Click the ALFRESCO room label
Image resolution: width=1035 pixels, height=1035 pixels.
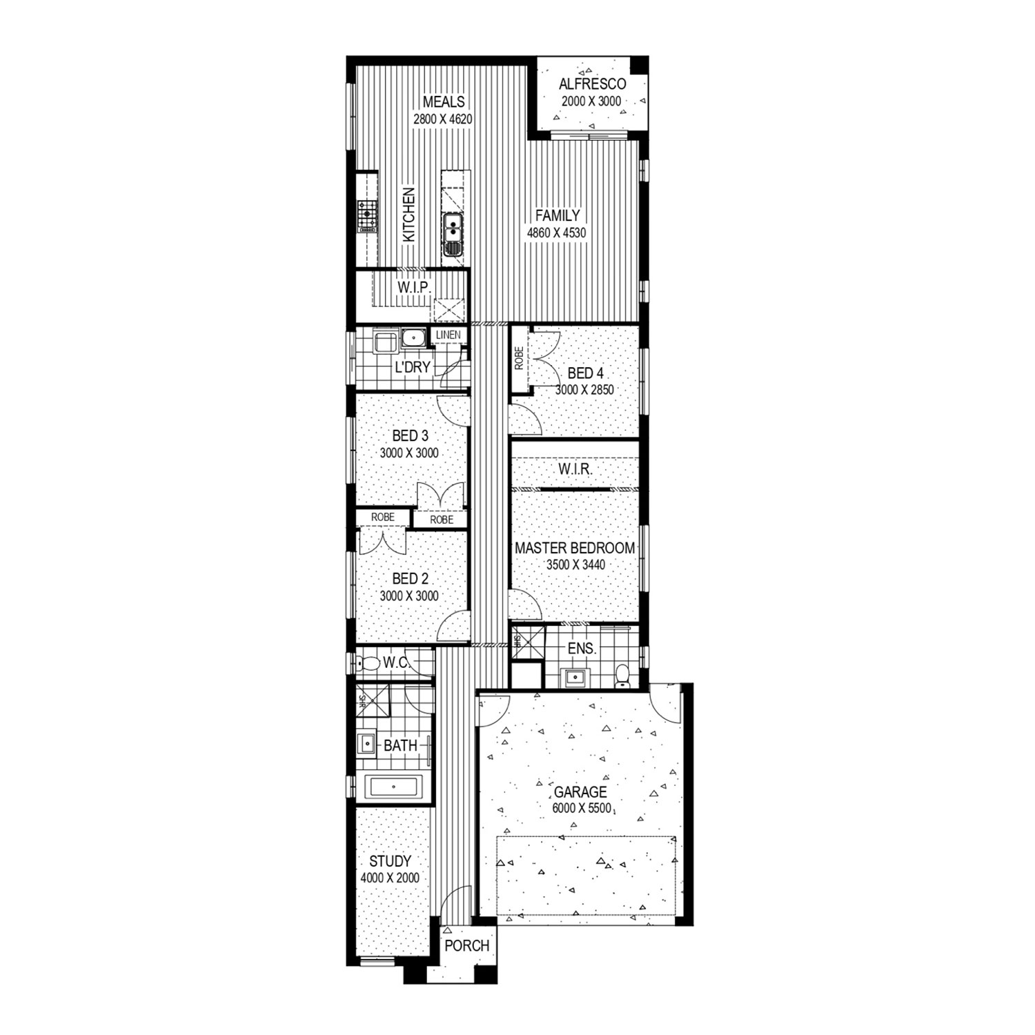pos(592,84)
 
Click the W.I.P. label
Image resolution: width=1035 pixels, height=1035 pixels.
pos(414,286)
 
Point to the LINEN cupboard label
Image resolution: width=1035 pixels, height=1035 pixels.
pos(448,335)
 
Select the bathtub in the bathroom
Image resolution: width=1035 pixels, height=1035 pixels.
pos(393,787)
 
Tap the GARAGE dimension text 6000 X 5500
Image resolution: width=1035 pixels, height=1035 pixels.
pos(582,808)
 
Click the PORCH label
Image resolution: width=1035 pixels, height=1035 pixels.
pos(467,946)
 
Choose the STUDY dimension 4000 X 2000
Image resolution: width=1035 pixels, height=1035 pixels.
pos(390,878)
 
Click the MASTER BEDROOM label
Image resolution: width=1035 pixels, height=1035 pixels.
pos(575,548)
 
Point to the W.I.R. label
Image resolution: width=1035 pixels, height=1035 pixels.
pos(575,469)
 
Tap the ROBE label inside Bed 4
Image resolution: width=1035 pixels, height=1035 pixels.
pos(520,359)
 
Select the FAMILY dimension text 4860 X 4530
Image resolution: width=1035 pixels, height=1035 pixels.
pos(556,233)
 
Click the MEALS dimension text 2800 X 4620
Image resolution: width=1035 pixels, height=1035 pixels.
pos(443,119)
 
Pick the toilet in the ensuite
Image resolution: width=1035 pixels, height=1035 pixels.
pos(622,675)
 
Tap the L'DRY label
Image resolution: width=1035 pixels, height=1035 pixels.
pos(413,367)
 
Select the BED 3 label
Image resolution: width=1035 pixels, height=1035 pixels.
pos(410,436)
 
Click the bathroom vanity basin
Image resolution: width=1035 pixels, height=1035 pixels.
pos(367,745)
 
